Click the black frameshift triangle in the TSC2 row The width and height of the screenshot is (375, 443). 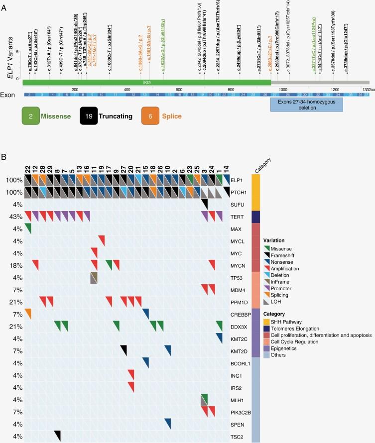[57, 435]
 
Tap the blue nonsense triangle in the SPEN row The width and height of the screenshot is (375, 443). [168, 422]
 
